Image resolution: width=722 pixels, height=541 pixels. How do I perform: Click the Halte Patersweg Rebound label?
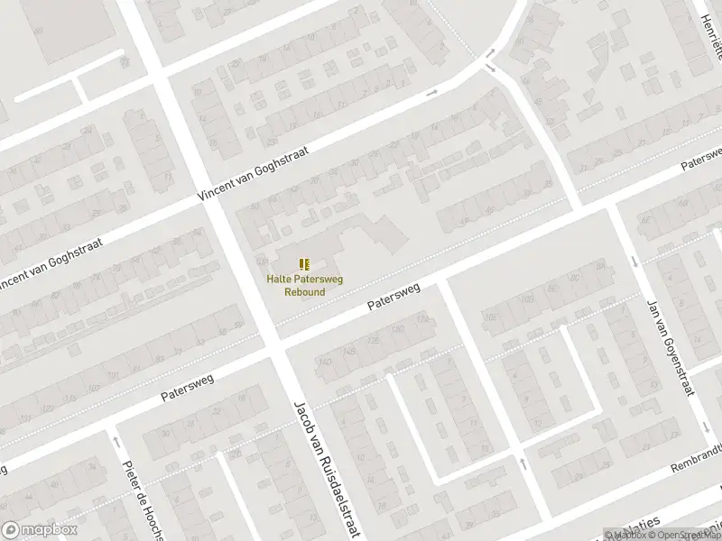(x=304, y=285)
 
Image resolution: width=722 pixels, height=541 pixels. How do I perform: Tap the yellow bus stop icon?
(x=305, y=263)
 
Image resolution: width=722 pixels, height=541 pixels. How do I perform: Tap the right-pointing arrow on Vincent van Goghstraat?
(x=431, y=92)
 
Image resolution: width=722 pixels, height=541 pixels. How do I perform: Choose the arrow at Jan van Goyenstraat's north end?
(x=634, y=261)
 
